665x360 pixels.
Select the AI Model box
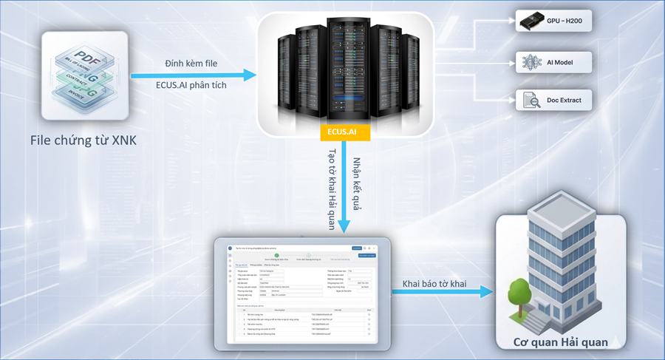tap(553, 61)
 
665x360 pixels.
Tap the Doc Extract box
tap(553, 98)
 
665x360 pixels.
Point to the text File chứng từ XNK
tap(83, 140)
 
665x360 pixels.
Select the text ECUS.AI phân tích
tap(191, 85)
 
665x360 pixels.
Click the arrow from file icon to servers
tap(192, 75)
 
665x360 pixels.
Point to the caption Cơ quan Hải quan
tap(561, 342)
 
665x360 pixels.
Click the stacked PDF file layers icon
tap(83, 75)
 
